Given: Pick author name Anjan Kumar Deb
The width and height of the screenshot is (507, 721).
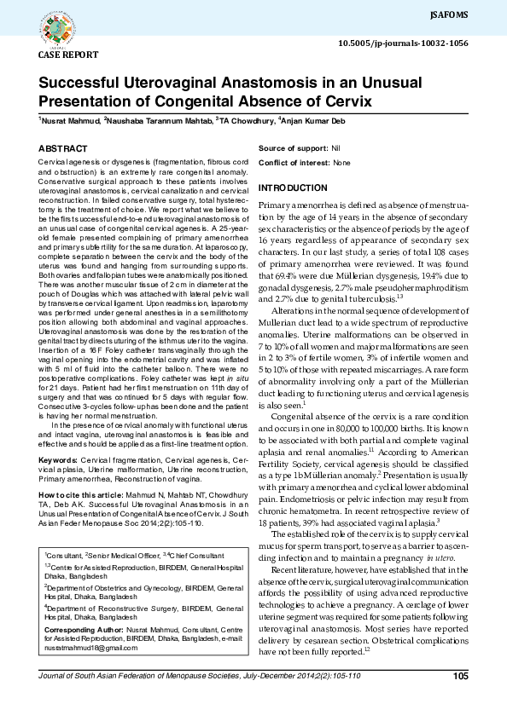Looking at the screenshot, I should tap(315, 122).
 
